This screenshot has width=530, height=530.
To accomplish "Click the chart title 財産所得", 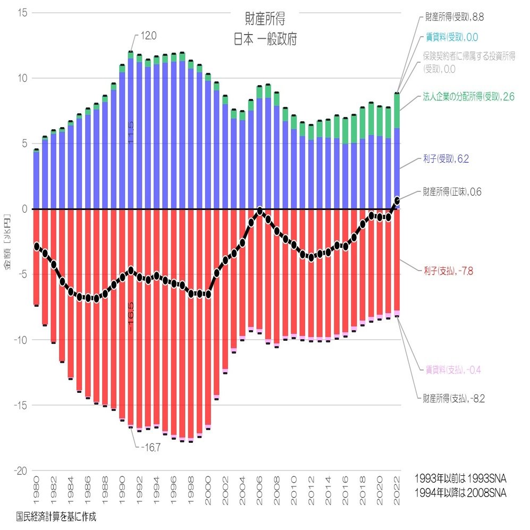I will coord(265,19).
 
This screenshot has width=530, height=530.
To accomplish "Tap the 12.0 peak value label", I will coord(149,36).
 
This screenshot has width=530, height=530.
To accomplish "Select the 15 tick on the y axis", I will coord(22,13).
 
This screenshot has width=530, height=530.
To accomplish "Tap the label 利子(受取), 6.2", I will coord(445,158).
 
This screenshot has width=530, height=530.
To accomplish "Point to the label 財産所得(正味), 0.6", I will coord(452,192).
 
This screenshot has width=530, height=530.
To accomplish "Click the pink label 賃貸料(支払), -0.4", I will coord(454,369).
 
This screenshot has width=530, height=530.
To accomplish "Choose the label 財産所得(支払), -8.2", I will coord(454,397).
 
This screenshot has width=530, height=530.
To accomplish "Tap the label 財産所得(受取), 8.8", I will coord(454,17).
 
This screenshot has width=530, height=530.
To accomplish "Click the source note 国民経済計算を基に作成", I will coord(56,515).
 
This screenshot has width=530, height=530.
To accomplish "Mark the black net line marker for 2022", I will coord(397,201).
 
